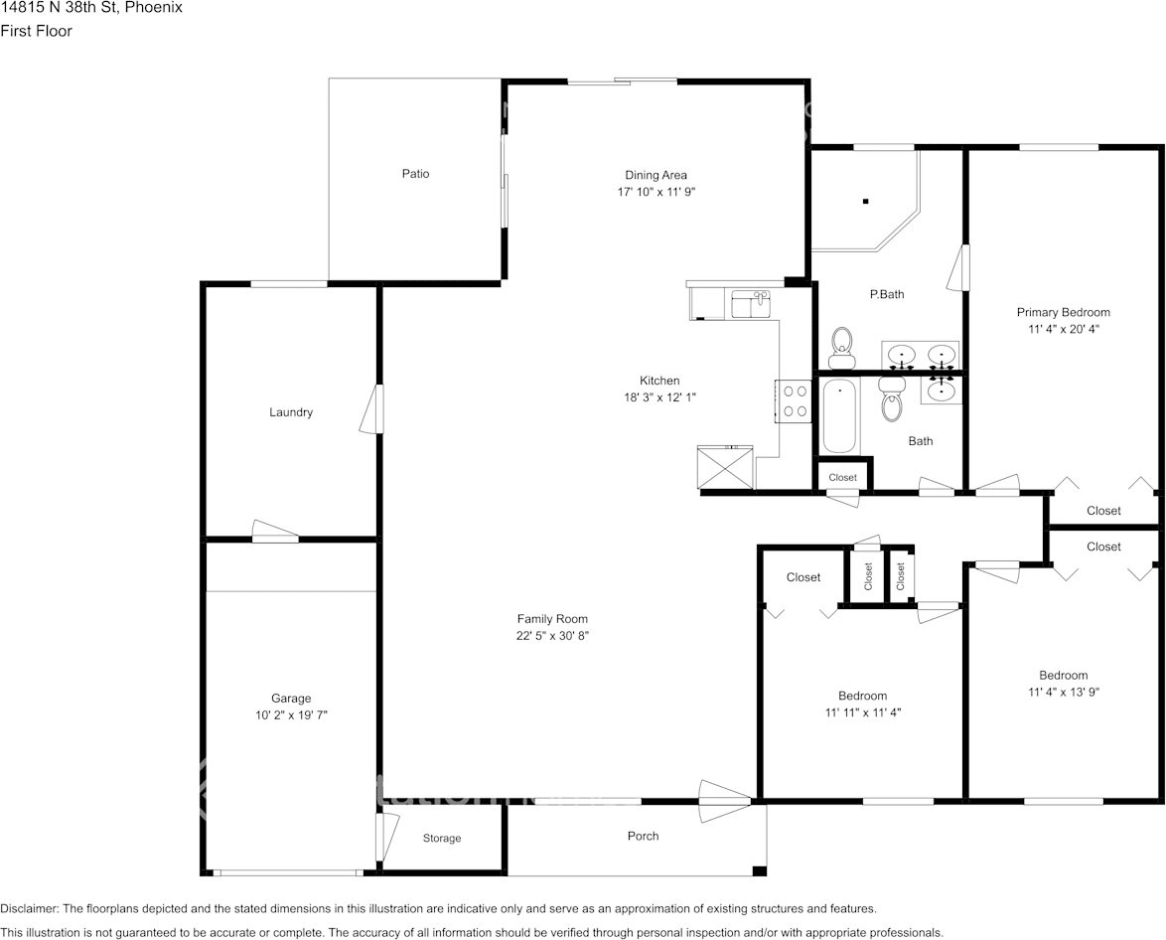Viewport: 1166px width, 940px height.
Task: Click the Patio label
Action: coord(415,174)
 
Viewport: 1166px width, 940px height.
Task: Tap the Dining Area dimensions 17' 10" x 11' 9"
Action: coord(656,192)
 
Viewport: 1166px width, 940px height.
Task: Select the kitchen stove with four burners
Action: coord(795,401)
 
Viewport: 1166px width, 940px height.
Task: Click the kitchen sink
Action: coord(751,303)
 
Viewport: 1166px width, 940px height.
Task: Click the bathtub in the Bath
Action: coord(839,416)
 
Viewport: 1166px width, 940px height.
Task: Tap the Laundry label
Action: coord(291,412)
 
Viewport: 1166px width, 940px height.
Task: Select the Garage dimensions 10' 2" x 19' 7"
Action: coord(291,714)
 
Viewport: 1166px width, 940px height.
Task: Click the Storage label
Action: coord(442,839)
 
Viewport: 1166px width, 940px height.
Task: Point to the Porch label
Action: coord(644,836)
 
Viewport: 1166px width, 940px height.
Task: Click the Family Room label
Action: coord(552,619)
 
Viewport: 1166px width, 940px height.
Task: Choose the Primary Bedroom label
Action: coord(1063,312)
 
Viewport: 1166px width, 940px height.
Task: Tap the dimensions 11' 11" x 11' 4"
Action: coord(862,711)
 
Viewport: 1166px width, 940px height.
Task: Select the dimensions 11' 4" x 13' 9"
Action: coord(1063,692)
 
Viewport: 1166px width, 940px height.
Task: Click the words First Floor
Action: coord(37,31)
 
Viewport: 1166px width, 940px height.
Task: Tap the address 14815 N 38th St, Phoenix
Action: coord(91,8)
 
